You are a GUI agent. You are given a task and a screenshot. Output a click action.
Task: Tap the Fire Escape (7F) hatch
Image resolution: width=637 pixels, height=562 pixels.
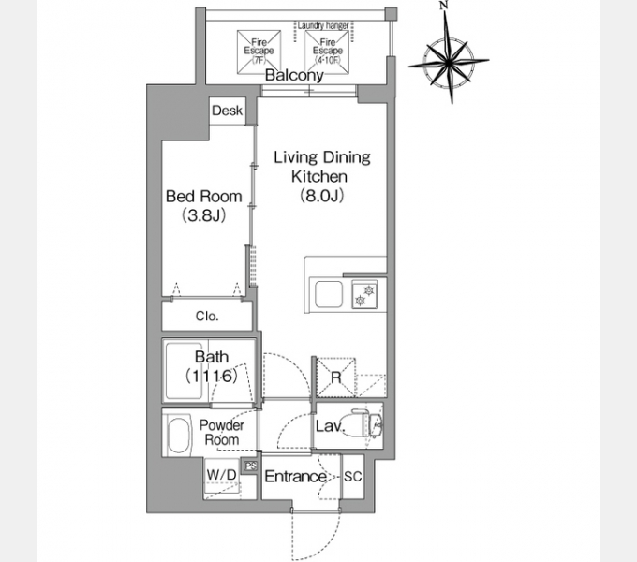click(259, 52)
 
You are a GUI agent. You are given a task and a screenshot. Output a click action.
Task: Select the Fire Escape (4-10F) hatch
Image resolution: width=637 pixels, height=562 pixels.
click(327, 52)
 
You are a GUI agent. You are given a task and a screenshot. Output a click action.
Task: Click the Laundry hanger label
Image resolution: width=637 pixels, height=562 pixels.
click(323, 25)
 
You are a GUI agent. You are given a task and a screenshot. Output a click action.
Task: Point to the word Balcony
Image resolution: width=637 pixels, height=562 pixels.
click(294, 75)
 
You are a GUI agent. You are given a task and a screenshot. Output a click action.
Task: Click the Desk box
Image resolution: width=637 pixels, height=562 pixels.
click(228, 111)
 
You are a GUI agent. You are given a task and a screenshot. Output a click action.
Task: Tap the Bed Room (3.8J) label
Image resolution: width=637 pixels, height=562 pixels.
click(204, 205)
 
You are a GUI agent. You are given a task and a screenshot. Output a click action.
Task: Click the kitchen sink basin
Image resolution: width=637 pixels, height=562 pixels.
click(328, 294)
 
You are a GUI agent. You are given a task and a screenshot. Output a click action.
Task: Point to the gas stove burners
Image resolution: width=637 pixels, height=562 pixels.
click(364, 294)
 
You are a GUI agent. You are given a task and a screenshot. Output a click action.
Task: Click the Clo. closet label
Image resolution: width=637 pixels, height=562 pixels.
click(207, 316)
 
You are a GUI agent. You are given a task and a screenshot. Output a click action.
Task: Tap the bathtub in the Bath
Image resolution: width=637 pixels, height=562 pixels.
click(184, 371)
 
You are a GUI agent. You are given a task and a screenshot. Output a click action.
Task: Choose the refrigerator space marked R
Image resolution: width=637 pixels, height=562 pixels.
click(335, 377)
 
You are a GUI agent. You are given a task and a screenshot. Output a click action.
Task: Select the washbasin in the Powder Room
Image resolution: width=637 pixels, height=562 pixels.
click(179, 434)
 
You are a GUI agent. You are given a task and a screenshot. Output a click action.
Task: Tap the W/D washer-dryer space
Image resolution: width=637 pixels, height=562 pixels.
click(222, 479)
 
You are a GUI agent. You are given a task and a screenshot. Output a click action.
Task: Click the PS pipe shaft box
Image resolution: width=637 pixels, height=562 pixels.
click(251, 466)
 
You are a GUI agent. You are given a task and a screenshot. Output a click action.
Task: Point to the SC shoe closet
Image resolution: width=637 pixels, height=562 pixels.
click(352, 477)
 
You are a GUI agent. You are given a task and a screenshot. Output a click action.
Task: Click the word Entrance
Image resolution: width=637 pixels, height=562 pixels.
click(295, 477)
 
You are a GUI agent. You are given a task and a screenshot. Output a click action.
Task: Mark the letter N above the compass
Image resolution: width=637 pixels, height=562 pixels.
click(444, 6)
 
